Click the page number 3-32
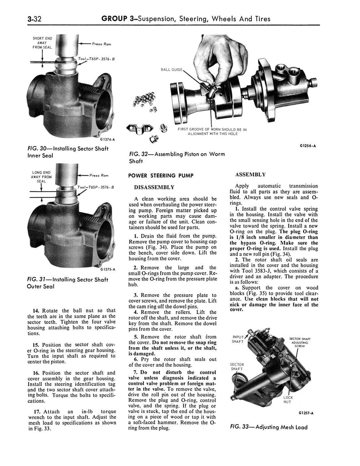(34, 19)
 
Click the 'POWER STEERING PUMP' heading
(161, 176)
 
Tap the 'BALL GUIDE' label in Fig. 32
(172, 70)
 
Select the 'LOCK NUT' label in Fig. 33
(288, 400)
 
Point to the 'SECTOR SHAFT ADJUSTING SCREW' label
(299, 342)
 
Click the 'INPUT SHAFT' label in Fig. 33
(238, 339)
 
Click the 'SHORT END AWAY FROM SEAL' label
(42, 43)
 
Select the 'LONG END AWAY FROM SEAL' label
(41, 177)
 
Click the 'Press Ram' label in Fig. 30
(101, 44)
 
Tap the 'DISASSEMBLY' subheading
(154, 187)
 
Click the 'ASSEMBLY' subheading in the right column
(250, 174)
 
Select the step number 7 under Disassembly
(136, 372)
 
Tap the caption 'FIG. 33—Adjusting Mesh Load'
(269, 427)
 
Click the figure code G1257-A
(306, 413)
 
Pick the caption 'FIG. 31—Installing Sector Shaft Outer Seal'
(67, 283)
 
